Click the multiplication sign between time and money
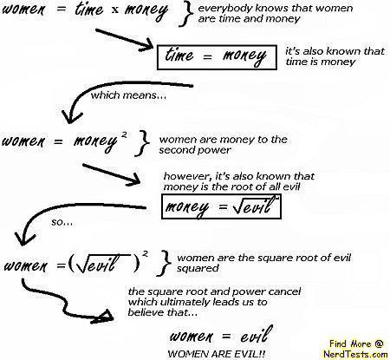click(115, 10)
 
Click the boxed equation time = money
click(217, 57)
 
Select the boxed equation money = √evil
click(221, 206)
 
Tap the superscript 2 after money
click(124, 134)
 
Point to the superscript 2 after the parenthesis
click(146, 253)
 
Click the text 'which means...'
click(128, 95)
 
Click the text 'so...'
click(62, 223)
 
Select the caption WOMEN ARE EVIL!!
click(217, 354)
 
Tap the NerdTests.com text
click(355, 354)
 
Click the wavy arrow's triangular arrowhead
click(104, 317)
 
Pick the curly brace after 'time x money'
click(185, 15)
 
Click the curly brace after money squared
click(142, 143)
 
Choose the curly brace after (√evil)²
click(164, 263)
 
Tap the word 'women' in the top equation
click(23, 10)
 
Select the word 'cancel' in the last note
click(284, 291)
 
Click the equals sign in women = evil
click(226, 337)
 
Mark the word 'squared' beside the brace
click(198, 269)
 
